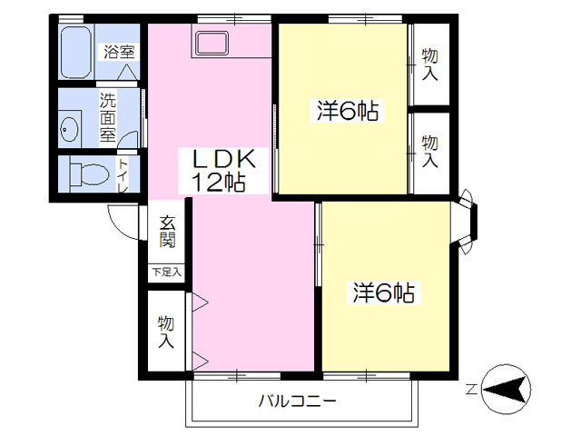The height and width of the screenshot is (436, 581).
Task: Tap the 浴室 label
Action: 118,51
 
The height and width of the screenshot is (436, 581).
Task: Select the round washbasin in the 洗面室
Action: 70,131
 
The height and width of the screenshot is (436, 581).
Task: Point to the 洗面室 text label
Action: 107,119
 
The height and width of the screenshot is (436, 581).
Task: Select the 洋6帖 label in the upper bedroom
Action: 347,111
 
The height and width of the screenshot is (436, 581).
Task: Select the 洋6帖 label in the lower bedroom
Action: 384,292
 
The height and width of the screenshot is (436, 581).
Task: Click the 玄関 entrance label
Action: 168,233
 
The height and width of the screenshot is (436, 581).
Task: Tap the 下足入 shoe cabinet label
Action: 166,271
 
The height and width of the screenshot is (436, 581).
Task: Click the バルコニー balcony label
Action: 297,400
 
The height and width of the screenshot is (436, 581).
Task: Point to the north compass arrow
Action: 507,391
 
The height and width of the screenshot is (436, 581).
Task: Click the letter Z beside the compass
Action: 471,391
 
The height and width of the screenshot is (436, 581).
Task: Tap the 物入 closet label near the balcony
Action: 166,332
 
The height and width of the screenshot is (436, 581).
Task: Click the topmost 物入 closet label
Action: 430,64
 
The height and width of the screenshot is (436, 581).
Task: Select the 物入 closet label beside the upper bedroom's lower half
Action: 430,151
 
